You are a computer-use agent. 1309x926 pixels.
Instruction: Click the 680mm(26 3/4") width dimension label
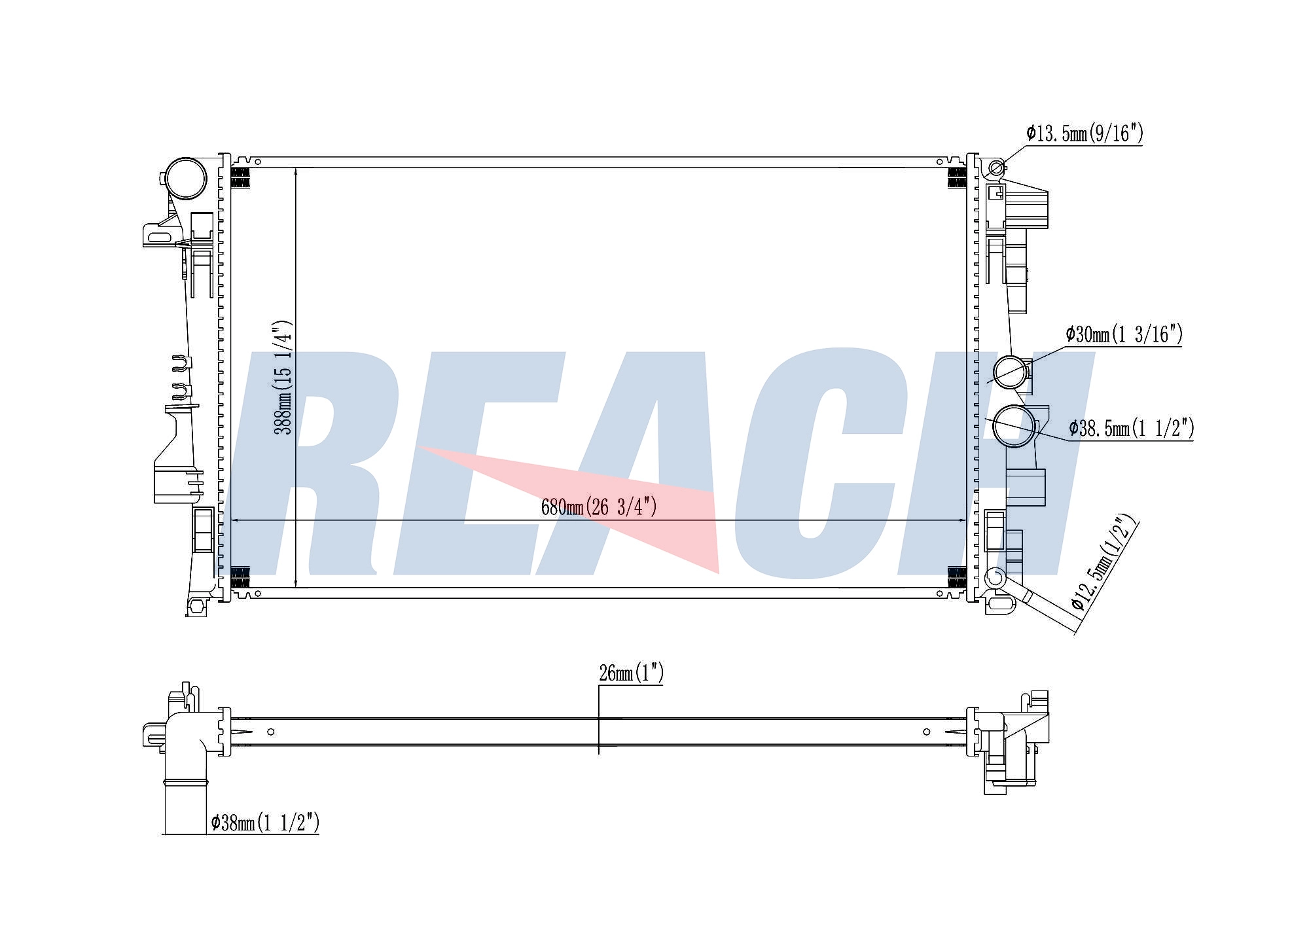[x=598, y=507]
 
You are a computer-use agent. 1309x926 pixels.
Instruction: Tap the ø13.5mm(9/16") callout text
[x=1085, y=134]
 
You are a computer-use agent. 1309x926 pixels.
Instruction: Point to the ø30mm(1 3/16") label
[x=1124, y=334]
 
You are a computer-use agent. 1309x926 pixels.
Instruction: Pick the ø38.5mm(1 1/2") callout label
[x=1132, y=428]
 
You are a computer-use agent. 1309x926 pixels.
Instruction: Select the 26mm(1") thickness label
[x=631, y=673]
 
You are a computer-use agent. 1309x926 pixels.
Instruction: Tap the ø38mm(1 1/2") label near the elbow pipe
[x=265, y=822]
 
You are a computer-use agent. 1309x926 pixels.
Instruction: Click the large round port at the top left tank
[x=185, y=178]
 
